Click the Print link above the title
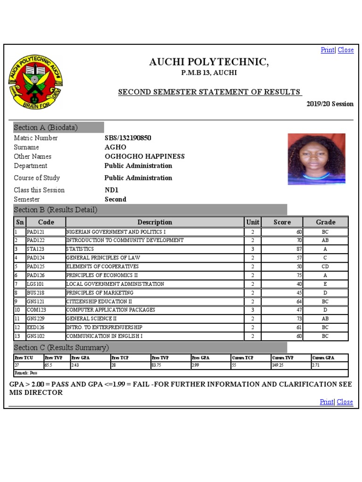tap(327, 50)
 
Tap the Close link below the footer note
tap(345, 402)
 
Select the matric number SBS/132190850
tap(128, 138)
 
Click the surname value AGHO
tap(115, 147)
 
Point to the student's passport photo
tap(316, 159)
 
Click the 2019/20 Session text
tap(330, 104)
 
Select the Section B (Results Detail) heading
tap(56, 210)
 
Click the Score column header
tap(282, 222)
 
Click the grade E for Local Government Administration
tap(325, 284)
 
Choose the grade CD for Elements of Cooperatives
tap(325, 266)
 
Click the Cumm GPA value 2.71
tap(316, 365)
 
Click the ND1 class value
tap(111, 190)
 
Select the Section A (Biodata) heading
tap(46, 128)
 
